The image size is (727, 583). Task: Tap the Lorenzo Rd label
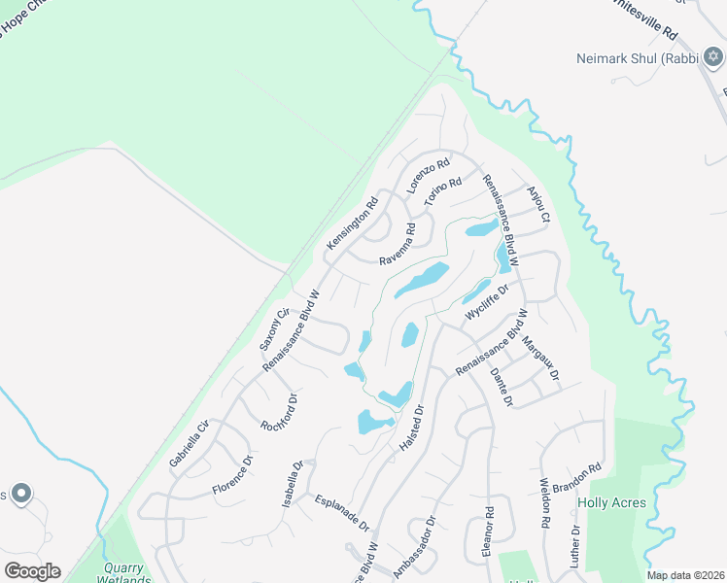coord(429,176)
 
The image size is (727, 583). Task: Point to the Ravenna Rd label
coord(398,245)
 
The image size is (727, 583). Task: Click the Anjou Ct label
coord(538,203)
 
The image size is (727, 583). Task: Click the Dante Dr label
coord(501,387)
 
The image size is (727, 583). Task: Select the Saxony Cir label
coord(273,328)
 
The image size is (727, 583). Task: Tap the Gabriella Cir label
coord(189,443)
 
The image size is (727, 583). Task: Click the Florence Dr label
coord(233,474)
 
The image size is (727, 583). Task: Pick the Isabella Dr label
coord(293,484)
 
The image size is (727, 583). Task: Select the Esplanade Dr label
coord(342,513)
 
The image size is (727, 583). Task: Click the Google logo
coord(32,571)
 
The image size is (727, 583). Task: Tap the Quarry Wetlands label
coord(123,574)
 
